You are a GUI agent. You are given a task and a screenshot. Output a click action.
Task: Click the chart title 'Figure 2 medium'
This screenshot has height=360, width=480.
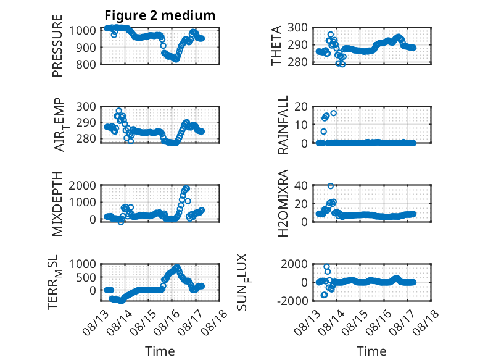(160, 15)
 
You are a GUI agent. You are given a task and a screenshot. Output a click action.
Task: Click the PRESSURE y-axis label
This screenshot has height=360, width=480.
(57, 46)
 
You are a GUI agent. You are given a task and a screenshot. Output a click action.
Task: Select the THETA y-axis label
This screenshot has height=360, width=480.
(276, 46)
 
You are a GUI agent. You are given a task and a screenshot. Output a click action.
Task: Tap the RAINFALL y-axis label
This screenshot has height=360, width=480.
(283, 125)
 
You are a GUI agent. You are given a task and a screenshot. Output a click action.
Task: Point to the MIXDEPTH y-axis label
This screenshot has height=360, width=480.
(57, 204)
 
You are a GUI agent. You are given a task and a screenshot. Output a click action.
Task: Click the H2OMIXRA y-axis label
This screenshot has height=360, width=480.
(283, 203)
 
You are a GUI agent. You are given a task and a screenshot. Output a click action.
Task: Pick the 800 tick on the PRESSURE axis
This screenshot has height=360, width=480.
(86, 64)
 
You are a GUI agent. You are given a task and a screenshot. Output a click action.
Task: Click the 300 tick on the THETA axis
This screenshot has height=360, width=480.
(298, 28)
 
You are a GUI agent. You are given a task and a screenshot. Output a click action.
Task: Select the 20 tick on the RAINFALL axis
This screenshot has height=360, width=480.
(301, 107)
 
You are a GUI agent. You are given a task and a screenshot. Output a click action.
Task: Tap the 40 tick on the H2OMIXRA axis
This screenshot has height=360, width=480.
(301, 185)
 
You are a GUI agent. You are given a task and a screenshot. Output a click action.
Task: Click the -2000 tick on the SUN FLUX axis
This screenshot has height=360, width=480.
(292, 301)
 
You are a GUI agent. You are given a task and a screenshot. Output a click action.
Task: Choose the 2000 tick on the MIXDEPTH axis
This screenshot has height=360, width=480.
(82, 185)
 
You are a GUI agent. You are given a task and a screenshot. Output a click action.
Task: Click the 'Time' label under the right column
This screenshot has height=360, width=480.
(371, 351)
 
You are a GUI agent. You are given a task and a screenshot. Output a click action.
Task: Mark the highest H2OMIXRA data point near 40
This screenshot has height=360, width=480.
(331, 186)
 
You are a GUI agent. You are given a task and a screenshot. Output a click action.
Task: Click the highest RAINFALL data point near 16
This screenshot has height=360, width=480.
(334, 113)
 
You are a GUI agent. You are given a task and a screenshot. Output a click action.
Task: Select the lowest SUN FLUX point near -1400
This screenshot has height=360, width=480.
(324, 295)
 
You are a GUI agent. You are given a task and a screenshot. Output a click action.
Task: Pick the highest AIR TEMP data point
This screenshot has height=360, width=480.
(119, 111)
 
